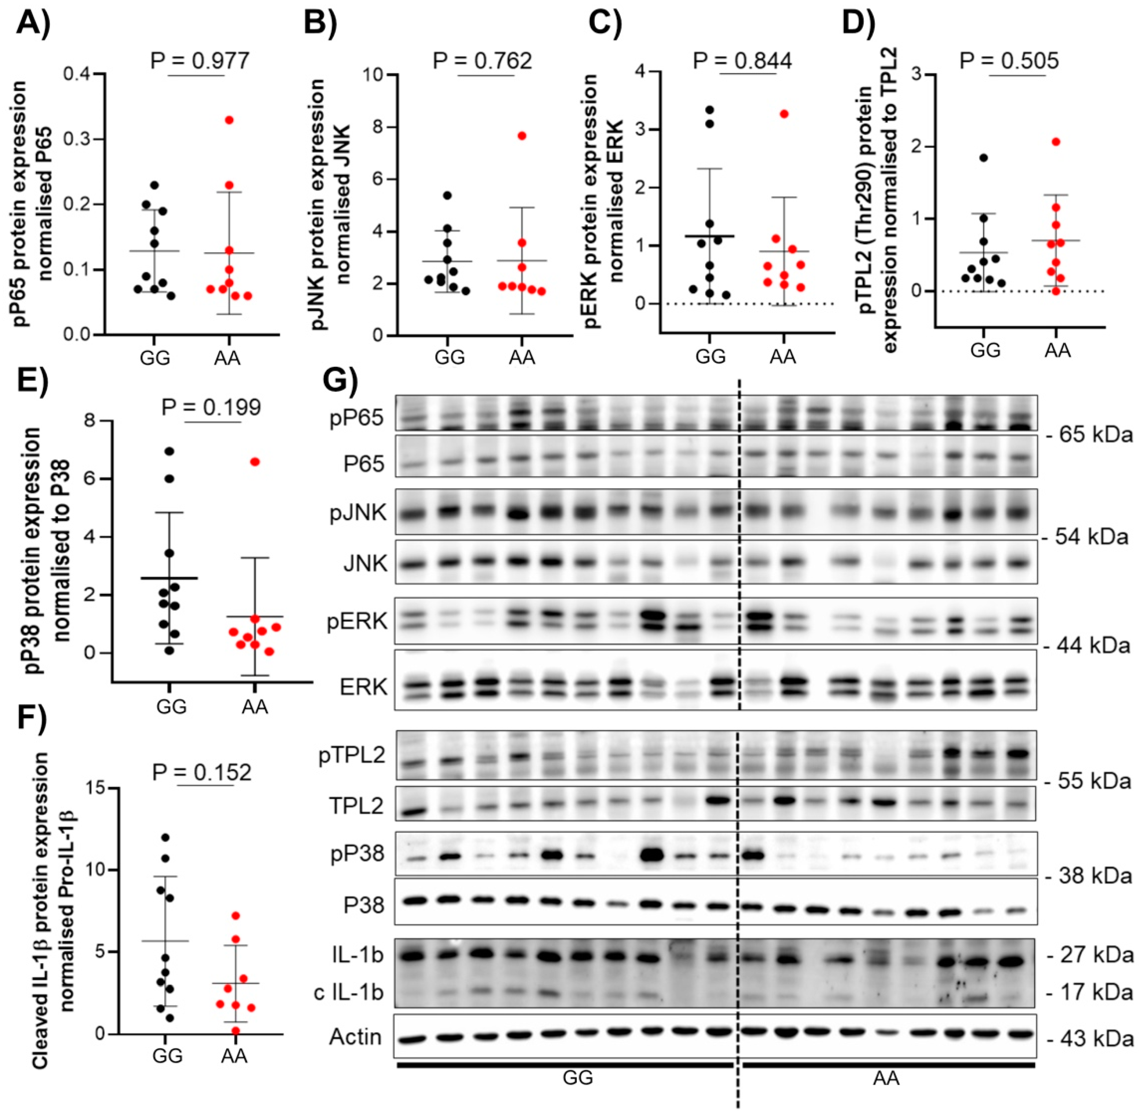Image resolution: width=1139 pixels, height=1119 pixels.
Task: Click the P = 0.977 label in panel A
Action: pos(199,60)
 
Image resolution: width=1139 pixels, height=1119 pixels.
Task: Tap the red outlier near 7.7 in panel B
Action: pos(522,136)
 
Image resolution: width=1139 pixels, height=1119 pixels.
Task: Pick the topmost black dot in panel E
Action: pos(169,451)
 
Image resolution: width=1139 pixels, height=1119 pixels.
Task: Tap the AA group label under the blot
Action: pos(886,1078)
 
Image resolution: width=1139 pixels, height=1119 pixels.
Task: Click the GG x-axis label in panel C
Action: pos(710,356)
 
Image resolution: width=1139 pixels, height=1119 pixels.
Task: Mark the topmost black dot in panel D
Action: pos(983,158)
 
